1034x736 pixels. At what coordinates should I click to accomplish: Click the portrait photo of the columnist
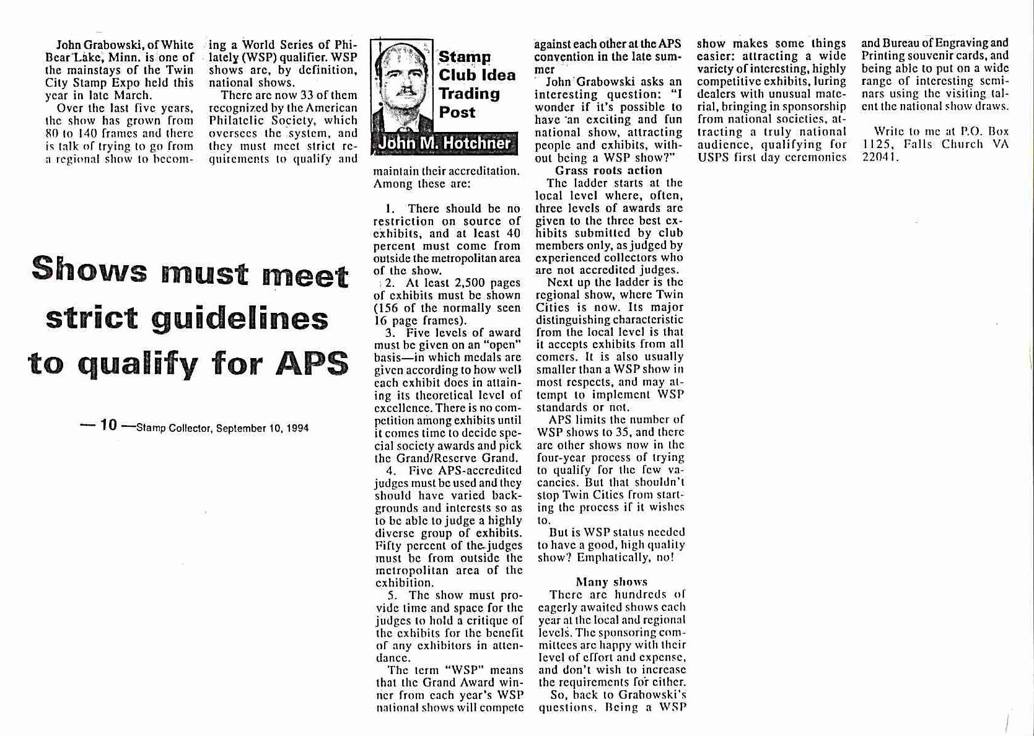click(x=403, y=87)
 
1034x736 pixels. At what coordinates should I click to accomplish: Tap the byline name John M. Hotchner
click(x=444, y=144)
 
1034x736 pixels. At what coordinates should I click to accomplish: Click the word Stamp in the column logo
click(x=465, y=57)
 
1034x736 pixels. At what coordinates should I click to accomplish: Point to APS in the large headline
click(x=312, y=363)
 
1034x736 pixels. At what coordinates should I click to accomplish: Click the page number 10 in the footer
click(x=108, y=425)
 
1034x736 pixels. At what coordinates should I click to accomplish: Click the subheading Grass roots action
click(x=608, y=170)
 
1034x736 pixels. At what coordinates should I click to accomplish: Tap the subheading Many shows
click(x=611, y=582)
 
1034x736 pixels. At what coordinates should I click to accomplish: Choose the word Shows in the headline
click(x=89, y=270)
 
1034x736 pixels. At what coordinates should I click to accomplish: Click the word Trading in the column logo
click(x=469, y=94)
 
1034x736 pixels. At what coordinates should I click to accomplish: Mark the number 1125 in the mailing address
click(x=874, y=144)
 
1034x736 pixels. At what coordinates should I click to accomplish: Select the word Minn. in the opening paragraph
click(x=125, y=58)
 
